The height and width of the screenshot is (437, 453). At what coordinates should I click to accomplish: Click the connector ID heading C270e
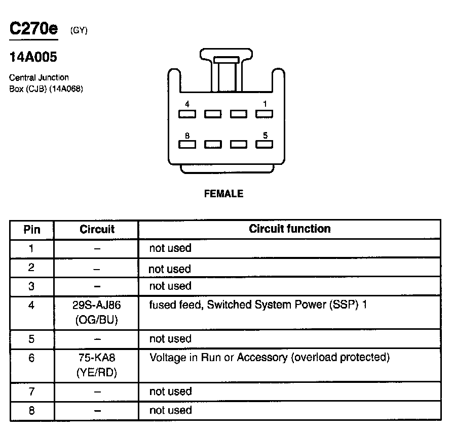point(33,29)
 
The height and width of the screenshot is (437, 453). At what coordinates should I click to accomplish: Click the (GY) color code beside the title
point(79,30)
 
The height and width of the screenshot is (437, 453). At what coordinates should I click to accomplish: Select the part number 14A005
point(33,57)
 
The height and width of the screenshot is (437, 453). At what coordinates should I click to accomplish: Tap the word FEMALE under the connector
point(223,194)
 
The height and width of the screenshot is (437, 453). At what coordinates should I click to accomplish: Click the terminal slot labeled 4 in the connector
point(187,114)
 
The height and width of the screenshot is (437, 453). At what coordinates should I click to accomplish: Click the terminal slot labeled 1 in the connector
point(264,114)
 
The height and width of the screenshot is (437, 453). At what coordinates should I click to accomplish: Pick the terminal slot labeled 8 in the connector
point(187,145)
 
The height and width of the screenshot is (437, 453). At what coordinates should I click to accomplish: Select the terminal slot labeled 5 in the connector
point(264,145)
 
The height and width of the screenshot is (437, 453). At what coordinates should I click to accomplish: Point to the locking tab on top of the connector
point(226,60)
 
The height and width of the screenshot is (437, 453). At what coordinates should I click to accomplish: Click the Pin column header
point(32,229)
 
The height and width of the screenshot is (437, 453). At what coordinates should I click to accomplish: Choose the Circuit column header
point(97,229)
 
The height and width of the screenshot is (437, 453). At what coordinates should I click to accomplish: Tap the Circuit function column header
point(289,229)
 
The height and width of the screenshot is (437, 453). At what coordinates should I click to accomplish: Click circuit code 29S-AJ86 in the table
point(97,305)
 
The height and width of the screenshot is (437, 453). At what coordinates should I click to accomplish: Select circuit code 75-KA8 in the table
point(97,358)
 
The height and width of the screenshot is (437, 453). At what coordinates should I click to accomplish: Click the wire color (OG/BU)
point(97,320)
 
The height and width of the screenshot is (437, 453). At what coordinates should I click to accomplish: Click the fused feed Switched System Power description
point(257,305)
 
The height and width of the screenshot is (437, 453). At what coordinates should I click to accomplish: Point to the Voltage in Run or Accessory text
point(269,358)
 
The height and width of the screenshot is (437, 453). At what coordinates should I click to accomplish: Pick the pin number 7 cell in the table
point(32,391)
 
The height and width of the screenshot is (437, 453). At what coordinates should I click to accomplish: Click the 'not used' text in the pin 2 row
point(170,269)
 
